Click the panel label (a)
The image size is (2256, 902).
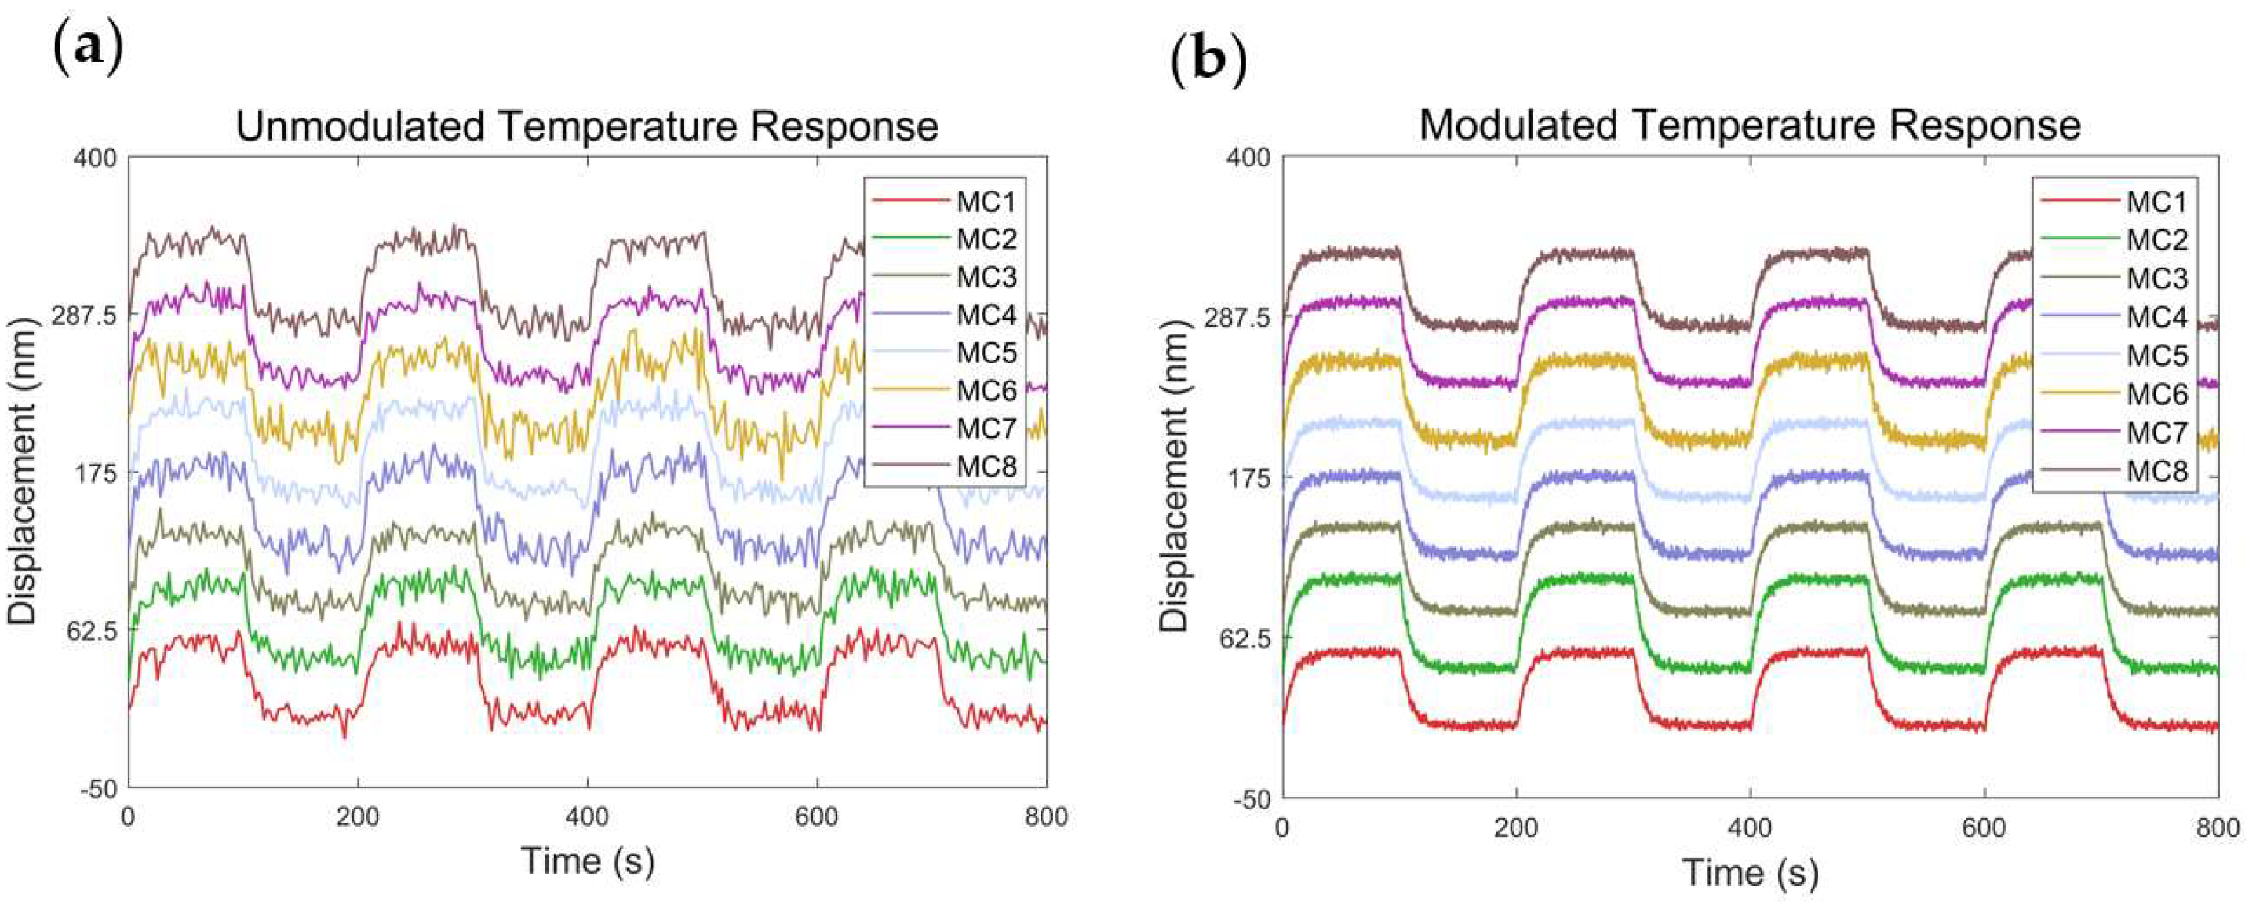[x=89, y=48]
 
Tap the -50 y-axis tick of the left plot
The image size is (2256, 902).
[x=98, y=788]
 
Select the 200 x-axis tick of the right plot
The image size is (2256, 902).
[x=1516, y=827]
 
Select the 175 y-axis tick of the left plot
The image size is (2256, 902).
[x=97, y=473]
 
